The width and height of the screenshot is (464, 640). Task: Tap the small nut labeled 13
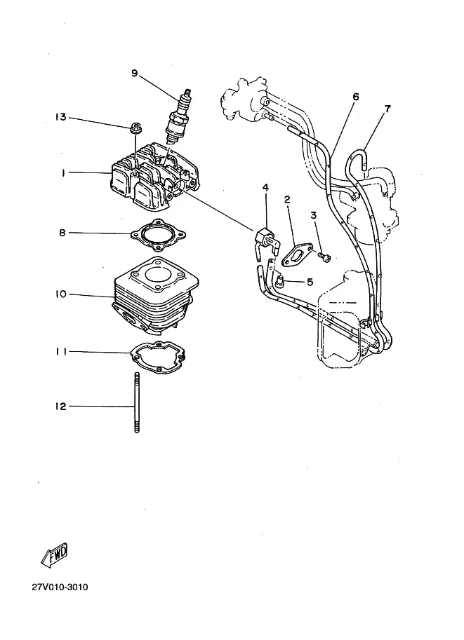(135, 128)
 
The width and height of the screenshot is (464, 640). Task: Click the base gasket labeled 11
(158, 357)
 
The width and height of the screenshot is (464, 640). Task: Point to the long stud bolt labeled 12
(137, 402)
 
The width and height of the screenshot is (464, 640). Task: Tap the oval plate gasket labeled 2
(298, 254)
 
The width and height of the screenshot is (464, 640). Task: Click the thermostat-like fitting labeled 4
(267, 241)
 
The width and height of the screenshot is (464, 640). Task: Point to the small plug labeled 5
(281, 282)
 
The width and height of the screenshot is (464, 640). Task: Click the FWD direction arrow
(54, 554)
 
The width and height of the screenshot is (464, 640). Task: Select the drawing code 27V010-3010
(60, 587)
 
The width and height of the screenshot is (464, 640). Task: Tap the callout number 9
(135, 74)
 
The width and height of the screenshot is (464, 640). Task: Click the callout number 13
(60, 117)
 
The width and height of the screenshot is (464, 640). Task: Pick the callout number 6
(355, 97)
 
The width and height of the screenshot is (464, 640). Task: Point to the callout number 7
(387, 109)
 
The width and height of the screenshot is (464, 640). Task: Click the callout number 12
(60, 406)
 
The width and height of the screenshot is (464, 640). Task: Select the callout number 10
(61, 294)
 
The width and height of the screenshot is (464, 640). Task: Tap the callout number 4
(265, 187)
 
